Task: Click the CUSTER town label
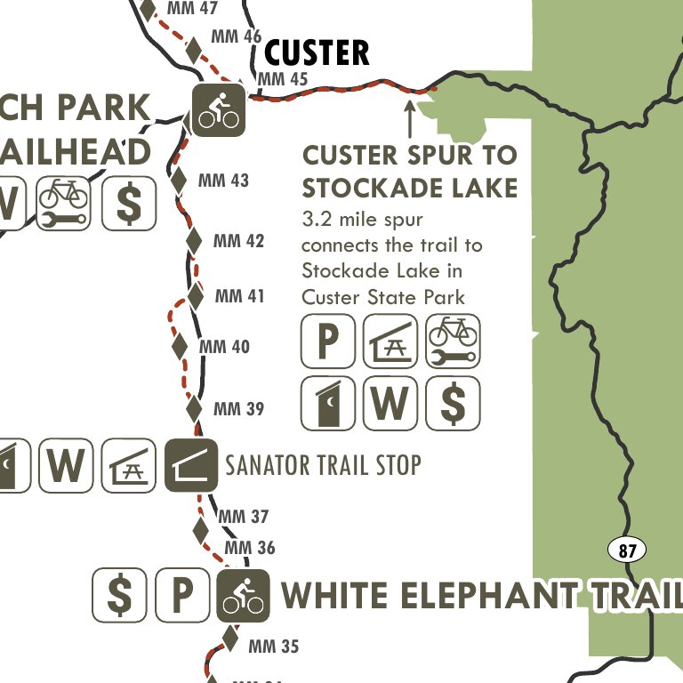[317, 52]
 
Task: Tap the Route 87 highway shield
[627, 550]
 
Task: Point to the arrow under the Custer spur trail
[409, 119]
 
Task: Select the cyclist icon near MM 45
[219, 109]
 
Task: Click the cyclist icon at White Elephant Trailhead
[242, 595]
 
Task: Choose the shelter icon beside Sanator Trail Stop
[191, 465]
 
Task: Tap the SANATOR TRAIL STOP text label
[323, 464]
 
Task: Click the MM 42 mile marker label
[238, 241]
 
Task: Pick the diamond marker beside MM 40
[180, 344]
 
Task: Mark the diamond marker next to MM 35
[230, 638]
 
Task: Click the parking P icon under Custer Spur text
[328, 341]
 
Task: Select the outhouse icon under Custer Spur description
[328, 402]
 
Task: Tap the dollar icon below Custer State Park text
[453, 402]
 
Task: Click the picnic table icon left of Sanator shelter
[128, 465]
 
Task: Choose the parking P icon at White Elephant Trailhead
[181, 595]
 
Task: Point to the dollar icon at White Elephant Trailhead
[119, 595]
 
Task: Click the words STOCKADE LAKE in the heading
[409, 188]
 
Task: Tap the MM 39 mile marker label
[238, 409]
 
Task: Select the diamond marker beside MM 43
[179, 180]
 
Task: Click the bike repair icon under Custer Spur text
[453, 341]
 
